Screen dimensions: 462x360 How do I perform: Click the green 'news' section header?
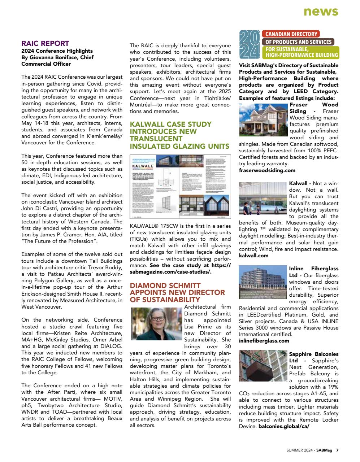tap(321, 12)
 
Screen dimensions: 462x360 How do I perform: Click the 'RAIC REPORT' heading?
tap(45, 44)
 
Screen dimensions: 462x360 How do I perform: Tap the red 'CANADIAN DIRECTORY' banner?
tap(291, 34)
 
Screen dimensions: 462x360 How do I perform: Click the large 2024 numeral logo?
tap(250, 45)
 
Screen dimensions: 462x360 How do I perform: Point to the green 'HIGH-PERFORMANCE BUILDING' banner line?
tap(302, 55)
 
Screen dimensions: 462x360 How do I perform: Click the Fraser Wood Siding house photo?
tap(264, 120)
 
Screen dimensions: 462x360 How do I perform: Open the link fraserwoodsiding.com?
tap(267, 170)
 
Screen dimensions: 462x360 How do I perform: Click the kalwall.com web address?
tap(253, 256)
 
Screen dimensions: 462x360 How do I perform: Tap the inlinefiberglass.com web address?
tap(264, 341)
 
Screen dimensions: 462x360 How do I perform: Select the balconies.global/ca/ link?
tap(284, 426)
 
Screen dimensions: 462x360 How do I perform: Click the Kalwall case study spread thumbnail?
tap(180, 187)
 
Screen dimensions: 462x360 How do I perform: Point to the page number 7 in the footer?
tap(337, 450)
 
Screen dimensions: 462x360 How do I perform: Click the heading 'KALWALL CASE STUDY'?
tap(170, 124)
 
